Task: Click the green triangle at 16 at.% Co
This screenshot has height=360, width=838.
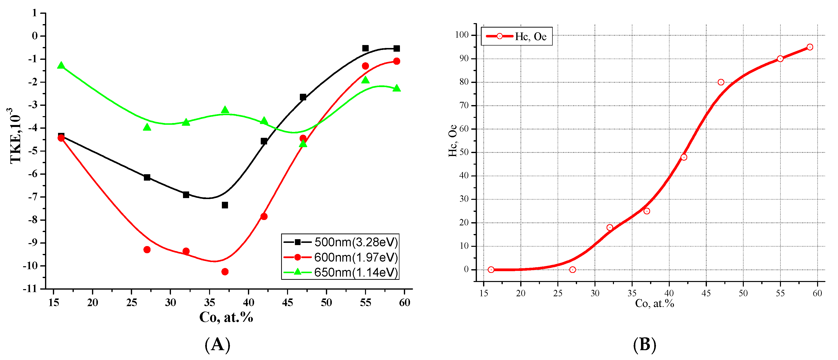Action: (x=61, y=65)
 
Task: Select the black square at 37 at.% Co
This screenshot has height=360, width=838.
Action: (x=225, y=205)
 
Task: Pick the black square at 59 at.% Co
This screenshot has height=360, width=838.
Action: (x=396, y=48)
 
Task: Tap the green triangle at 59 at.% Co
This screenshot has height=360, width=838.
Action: (x=396, y=88)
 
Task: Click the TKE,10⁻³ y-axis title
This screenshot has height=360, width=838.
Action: (x=15, y=136)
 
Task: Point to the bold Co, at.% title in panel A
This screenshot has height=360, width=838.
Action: (x=226, y=317)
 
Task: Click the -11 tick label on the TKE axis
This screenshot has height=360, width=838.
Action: (x=30, y=289)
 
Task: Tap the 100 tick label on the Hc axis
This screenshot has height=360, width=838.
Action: (x=462, y=35)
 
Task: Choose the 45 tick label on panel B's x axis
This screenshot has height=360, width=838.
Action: (x=706, y=293)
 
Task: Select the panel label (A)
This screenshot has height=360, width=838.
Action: (x=217, y=345)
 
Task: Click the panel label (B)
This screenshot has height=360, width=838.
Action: (x=644, y=345)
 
